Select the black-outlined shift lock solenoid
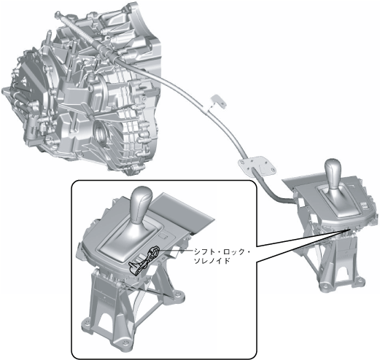pos(144,260)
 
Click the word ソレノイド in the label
pos(212,261)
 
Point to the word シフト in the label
pos(203,252)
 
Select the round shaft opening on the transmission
pos(100,133)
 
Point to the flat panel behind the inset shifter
pos(182,212)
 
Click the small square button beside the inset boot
pos(163,236)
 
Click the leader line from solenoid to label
pos(176,250)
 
